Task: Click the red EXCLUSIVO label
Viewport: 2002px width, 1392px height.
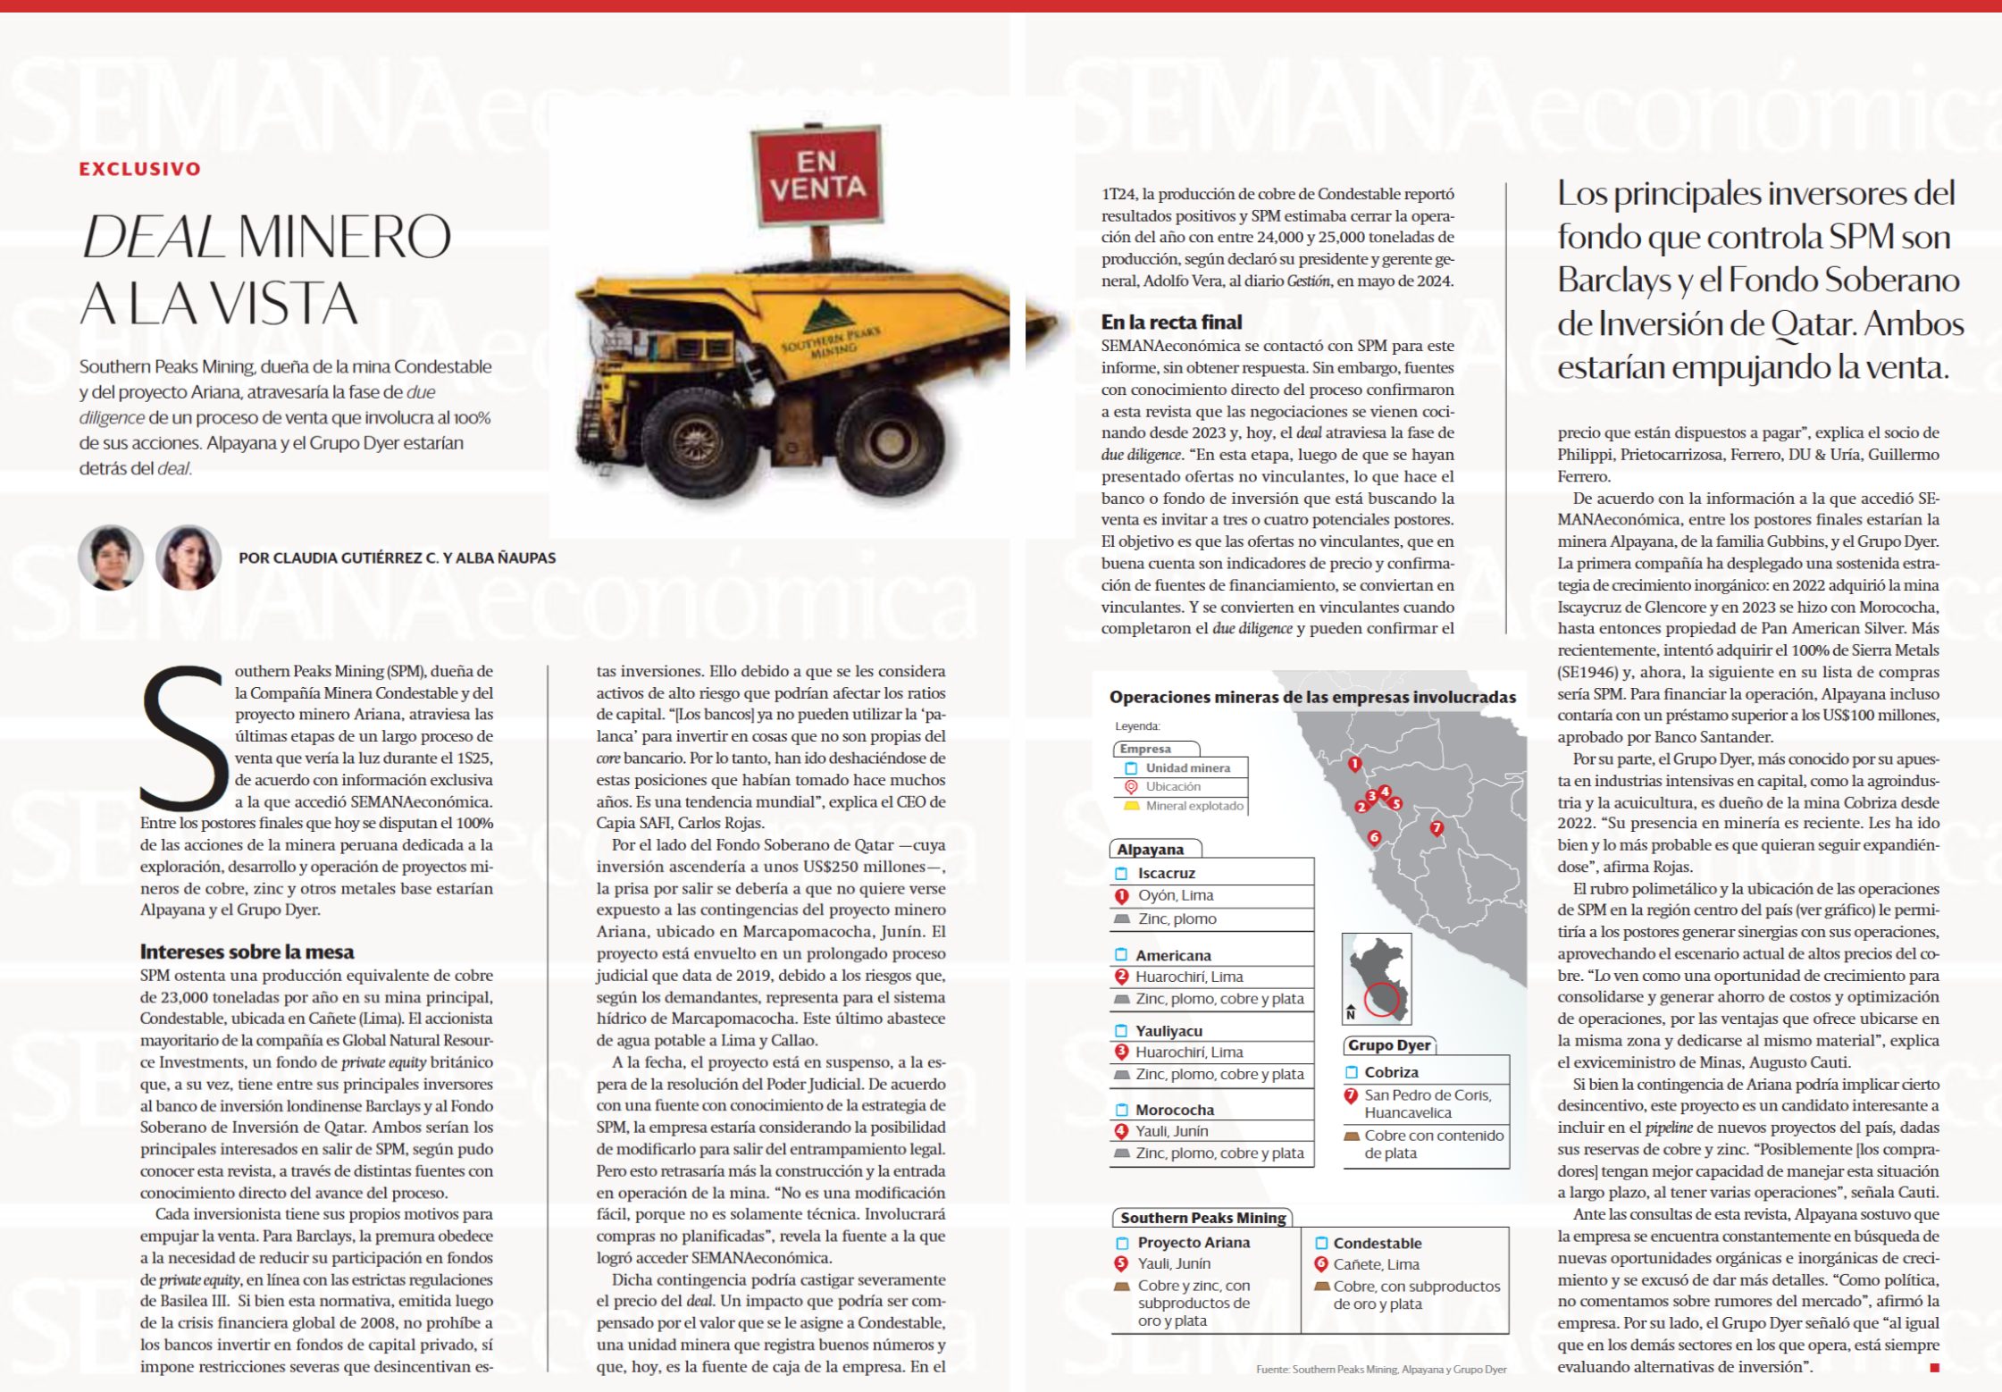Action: coord(140,169)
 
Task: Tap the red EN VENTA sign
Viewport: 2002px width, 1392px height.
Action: coord(817,175)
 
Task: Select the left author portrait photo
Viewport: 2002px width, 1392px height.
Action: coord(111,558)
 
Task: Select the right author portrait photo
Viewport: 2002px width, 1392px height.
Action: coord(188,558)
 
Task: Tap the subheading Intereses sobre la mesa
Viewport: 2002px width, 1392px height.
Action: coord(247,952)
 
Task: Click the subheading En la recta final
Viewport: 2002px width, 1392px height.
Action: coord(1171,322)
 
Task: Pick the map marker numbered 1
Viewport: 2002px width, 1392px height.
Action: coord(1354,764)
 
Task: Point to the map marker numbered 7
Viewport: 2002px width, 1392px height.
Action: coord(1437,828)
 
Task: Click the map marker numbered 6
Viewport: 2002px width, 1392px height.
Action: coord(1374,837)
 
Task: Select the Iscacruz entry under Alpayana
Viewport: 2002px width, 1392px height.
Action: coord(1166,873)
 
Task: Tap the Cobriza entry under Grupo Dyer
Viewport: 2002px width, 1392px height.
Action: coord(1391,1072)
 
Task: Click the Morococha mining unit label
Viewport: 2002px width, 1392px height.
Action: coord(1175,1110)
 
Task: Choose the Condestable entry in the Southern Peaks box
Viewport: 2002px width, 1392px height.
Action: coord(1377,1243)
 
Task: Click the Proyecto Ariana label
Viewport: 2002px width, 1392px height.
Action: coord(1194,1242)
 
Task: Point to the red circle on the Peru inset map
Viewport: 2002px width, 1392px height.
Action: coord(1381,999)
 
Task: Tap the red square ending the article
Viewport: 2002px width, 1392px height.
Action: coord(1935,1368)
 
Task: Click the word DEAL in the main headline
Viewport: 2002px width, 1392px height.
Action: coord(152,237)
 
